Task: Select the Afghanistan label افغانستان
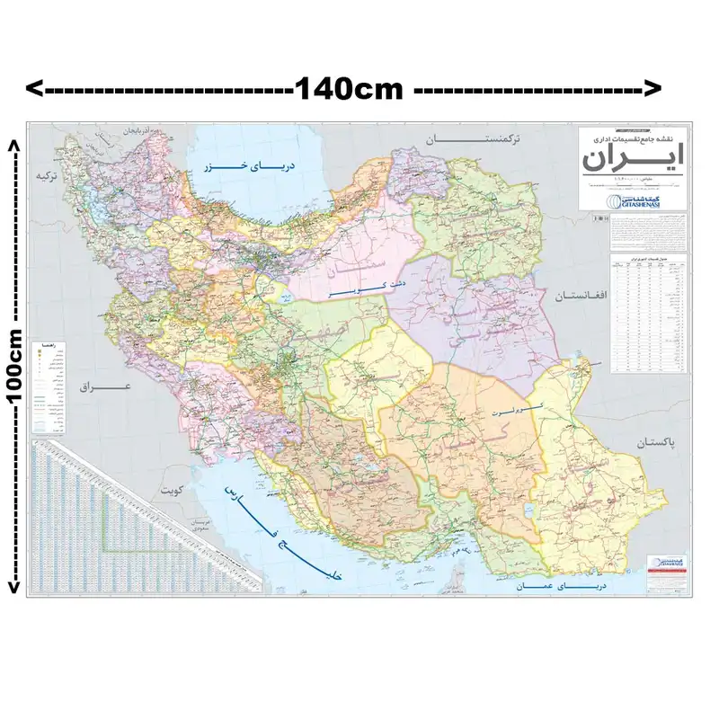coord(581,295)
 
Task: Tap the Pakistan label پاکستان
coord(663,444)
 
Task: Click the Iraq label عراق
coord(105,387)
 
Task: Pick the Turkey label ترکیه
coord(51,177)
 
